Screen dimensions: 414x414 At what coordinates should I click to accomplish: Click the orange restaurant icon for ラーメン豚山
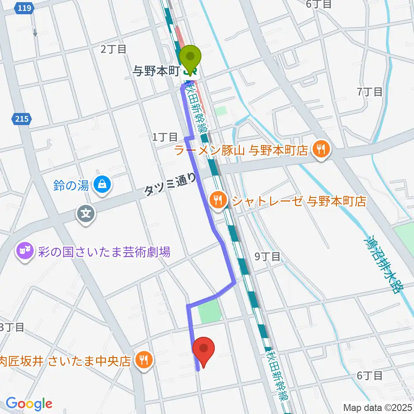(321, 150)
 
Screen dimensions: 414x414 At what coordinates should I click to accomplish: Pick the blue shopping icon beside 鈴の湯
(103, 185)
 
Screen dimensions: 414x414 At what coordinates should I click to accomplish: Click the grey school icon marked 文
(86, 212)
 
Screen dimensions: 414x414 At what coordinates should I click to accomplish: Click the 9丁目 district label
(267, 257)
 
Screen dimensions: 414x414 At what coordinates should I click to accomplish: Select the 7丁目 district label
(370, 91)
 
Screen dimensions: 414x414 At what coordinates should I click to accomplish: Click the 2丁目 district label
(113, 49)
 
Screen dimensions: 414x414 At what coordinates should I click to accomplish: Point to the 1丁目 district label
(165, 137)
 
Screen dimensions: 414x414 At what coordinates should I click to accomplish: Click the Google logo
(28, 404)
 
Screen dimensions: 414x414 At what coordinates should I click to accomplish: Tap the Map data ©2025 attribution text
(377, 407)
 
